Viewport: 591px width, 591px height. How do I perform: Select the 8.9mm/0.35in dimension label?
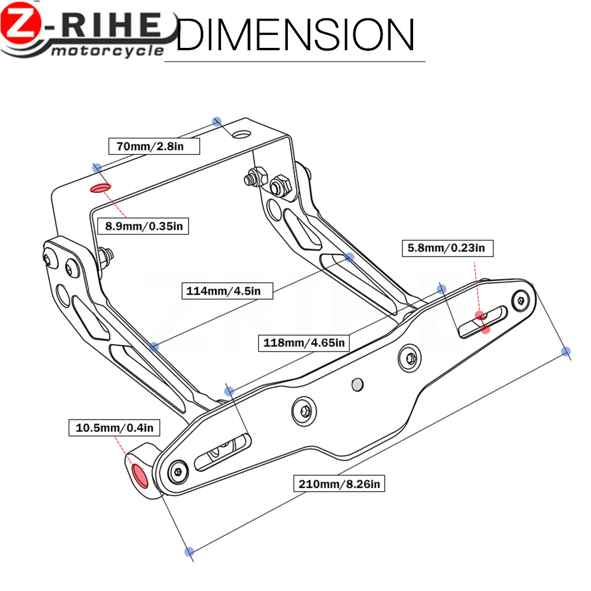(x=142, y=225)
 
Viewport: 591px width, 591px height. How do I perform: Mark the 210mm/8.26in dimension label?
(x=340, y=484)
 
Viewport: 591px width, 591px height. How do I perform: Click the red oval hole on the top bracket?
(x=100, y=189)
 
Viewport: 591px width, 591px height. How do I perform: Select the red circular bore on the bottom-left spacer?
(x=140, y=475)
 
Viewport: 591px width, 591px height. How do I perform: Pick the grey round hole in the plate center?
(x=356, y=385)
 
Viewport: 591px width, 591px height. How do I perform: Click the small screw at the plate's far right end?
(x=520, y=300)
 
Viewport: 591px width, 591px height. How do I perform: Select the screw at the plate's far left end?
(x=178, y=471)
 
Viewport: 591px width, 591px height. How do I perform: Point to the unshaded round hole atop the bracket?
(x=240, y=135)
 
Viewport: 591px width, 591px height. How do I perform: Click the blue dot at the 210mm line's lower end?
(x=189, y=551)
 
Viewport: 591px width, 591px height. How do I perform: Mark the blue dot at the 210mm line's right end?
(x=566, y=352)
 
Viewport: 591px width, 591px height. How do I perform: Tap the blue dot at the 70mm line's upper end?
(x=217, y=121)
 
